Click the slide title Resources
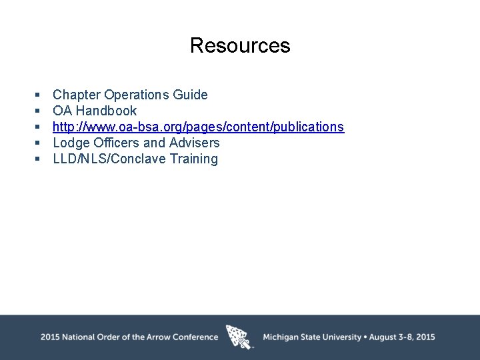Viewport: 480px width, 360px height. pyautogui.click(x=240, y=45)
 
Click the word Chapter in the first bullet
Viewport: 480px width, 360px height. pyautogui.click(x=77, y=95)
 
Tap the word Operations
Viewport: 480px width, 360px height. pyautogui.click(x=137, y=95)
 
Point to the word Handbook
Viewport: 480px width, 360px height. pyautogui.click(x=106, y=111)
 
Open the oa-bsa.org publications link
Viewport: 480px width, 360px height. pyautogui.click(x=198, y=127)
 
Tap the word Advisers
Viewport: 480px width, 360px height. pyautogui.click(x=194, y=143)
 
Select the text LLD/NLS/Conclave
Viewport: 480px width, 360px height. pyautogui.click(x=109, y=159)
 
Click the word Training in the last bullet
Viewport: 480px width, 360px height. pyautogui.click(x=194, y=159)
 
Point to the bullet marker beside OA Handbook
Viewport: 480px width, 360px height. pyautogui.click(x=38, y=111)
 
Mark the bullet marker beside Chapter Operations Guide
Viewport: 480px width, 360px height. pyautogui.click(x=38, y=95)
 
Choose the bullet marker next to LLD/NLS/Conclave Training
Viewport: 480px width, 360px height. pyautogui.click(x=38, y=159)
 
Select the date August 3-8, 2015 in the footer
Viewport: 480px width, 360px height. pyautogui.click(x=401, y=337)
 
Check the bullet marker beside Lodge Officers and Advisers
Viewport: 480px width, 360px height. pyautogui.click(x=38, y=143)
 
